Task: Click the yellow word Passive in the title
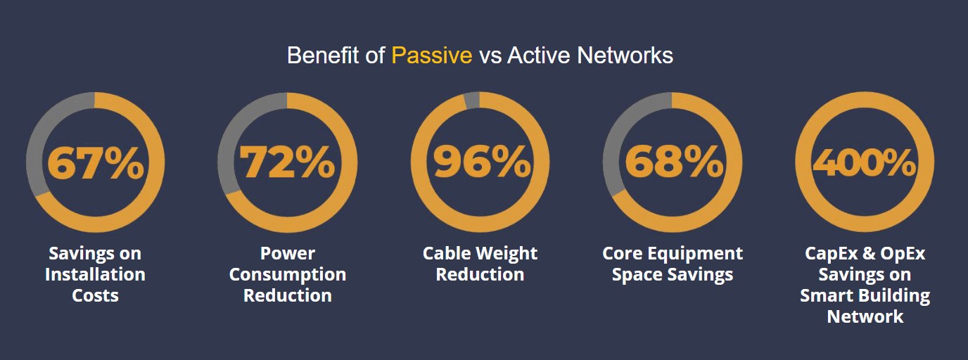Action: click(x=432, y=56)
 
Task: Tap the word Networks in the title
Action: click(x=625, y=56)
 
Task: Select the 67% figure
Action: click(x=96, y=162)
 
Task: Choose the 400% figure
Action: click(x=865, y=162)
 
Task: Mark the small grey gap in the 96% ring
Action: click(x=472, y=101)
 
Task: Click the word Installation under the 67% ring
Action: click(x=95, y=274)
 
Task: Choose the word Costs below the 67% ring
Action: click(x=95, y=295)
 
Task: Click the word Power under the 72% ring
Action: click(x=287, y=253)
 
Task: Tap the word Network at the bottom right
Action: click(x=865, y=317)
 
